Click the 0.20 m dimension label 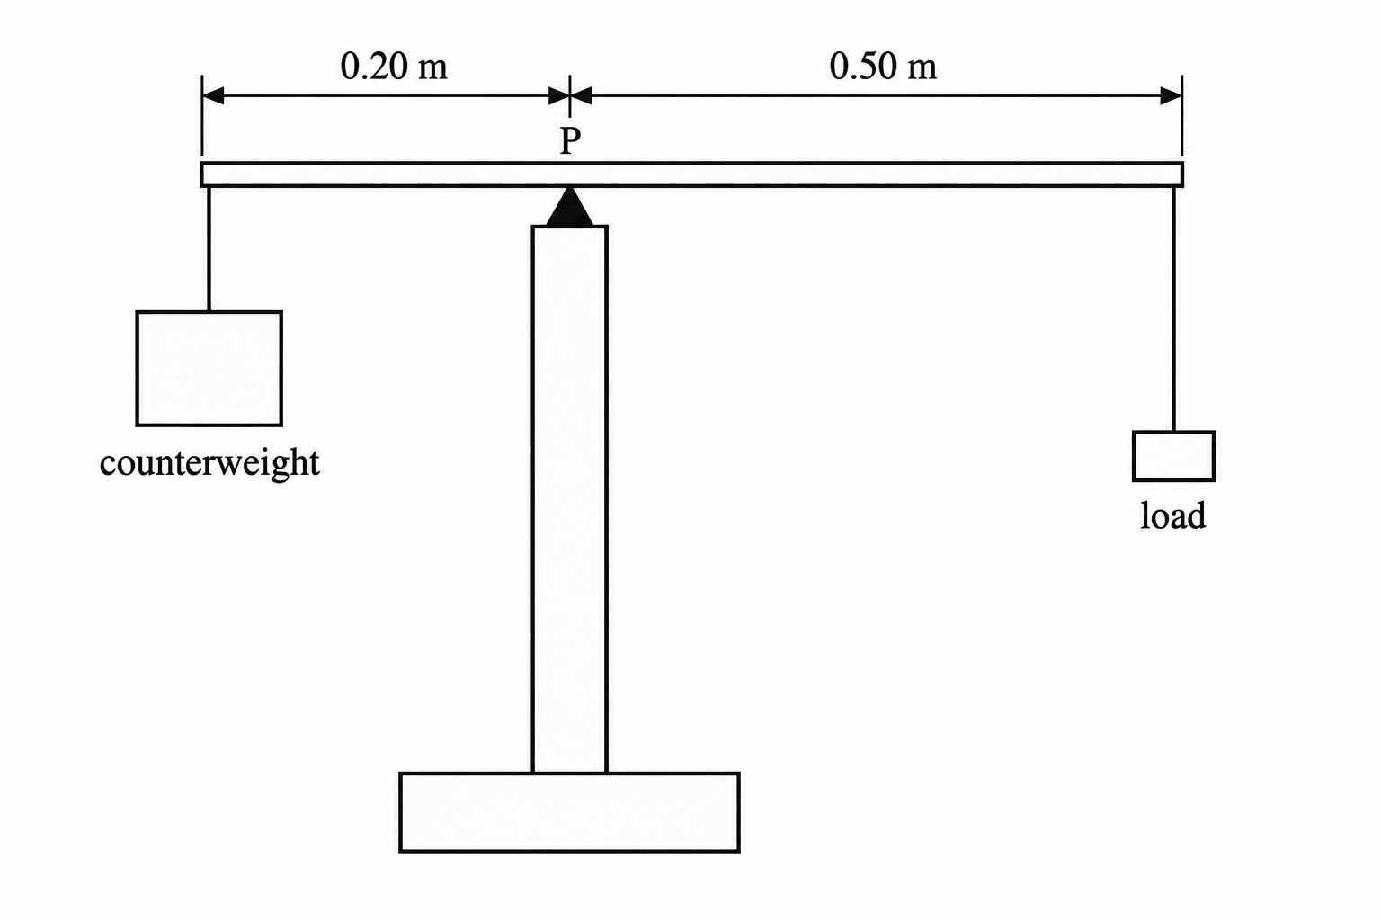pyautogui.click(x=394, y=67)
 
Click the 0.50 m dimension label pyautogui.click(x=883, y=67)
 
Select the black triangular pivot pyautogui.click(x=570, y=207)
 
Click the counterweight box pyautogui.click(x=209, y=368)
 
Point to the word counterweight pyautogui.click(x=209, y=463)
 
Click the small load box pyautogui.click(x=1173, y=456)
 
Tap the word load pyautogui.click(x=1172, y=515)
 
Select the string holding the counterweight pyautogui.click(x=209, y=248)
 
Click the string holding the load pyautogui.click(x=1173, y=308)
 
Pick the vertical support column pyautogui.click(x=570, y=499)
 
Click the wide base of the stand pyautogui.click(x=569, y=812)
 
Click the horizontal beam pyautogui.click(x=691, y=174)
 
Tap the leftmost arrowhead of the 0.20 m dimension pyautogui.click(x=212, y=95)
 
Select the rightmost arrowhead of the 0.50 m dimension pyautogui.click(x=1172, y=95)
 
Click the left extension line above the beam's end pyautogui.click(x=202, y=115)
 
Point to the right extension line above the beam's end pyautogui.click(x=1182, y=115)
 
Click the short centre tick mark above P pyautogui.click(x=570, y=95)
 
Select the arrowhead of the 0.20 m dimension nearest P pyautogui.click(x=558, y=95)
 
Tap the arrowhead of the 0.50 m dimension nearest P pyautogui.click(x=581, y=95)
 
